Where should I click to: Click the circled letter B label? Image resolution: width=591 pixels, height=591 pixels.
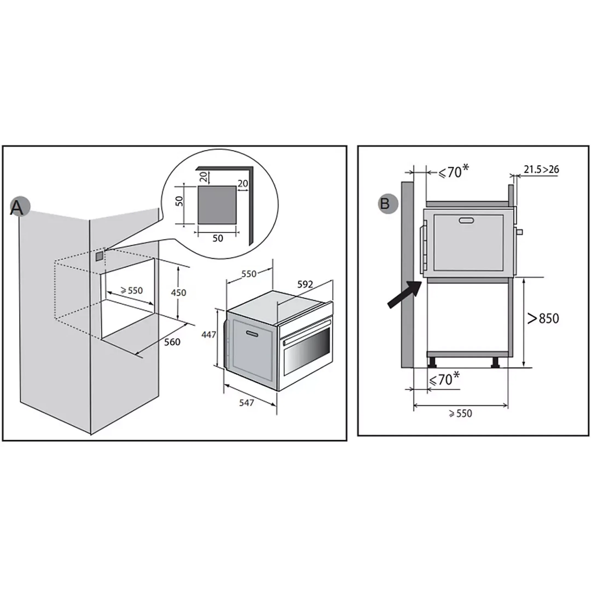tap(388, 203)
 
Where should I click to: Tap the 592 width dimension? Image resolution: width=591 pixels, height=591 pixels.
tap(305, 285)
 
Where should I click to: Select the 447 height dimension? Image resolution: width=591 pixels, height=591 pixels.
tap(208, 335)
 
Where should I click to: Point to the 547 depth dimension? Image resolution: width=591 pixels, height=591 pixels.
tap(246, 403)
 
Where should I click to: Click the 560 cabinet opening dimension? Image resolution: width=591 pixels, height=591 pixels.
tap(172, 342)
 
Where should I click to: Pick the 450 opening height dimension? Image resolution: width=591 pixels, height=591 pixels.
tap(178, 293)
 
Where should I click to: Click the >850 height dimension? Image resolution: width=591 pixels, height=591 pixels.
tap(543, 319)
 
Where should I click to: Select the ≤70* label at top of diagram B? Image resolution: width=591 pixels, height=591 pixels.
tap(454, 172)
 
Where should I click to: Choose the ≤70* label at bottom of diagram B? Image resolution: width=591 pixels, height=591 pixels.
tap(444, 379)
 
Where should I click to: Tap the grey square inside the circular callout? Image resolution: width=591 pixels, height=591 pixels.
tap(217, 205)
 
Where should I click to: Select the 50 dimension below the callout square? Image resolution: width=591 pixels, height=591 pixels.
tap(218, 238)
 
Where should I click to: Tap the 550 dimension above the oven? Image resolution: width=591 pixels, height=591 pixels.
tap(249, 274)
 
